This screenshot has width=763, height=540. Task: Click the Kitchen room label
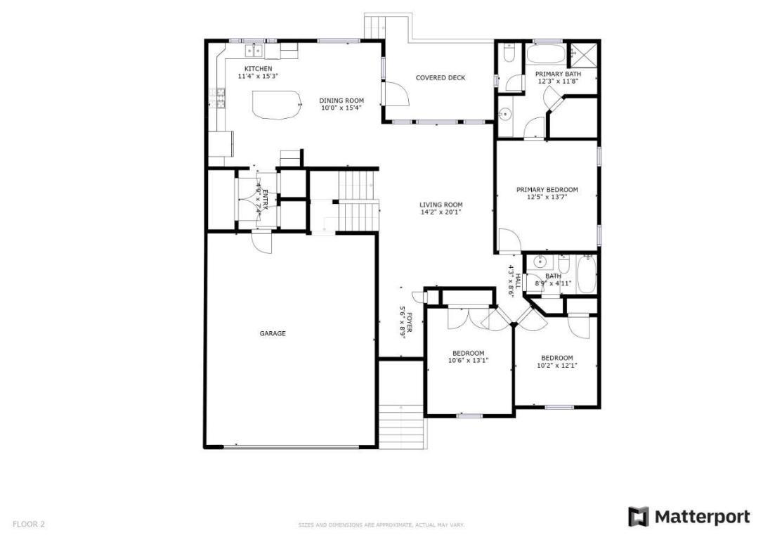pos(258,68)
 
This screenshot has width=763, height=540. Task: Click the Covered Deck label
pos(440,77)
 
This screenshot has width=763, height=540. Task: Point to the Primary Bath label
pos(558,73)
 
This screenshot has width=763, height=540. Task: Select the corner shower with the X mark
pos(582,52)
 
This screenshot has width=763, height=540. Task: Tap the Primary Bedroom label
pos(547,189)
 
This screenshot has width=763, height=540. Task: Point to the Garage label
pos(273,333)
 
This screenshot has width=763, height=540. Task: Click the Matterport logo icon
pos(638,517)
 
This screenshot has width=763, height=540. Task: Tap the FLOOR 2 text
pos(29,524)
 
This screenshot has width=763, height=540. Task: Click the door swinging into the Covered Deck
pos(394,94)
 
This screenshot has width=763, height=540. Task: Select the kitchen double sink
pos(253,51)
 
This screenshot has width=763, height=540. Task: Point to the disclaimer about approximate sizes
pos(381,525)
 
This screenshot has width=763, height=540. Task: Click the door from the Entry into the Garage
pos(262,242)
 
